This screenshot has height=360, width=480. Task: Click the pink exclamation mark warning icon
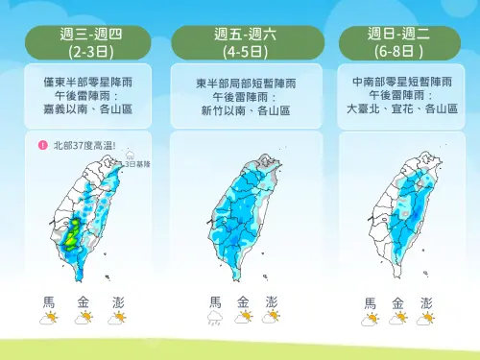click(43, 146)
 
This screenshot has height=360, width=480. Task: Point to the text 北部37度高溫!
click(84, 146)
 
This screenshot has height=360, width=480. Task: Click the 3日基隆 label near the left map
click(133, 164)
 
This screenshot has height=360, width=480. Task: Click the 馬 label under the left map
click(49, 302)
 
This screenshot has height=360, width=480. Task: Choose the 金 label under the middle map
click(243, 302)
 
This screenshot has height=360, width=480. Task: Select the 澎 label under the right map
click(426, 302)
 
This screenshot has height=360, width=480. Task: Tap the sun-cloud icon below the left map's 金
click(84, 318)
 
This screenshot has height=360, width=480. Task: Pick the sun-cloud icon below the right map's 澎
click(426, 318)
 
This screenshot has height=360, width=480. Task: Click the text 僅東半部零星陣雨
click(87, 84)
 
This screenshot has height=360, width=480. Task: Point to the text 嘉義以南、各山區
click(87, 109)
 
